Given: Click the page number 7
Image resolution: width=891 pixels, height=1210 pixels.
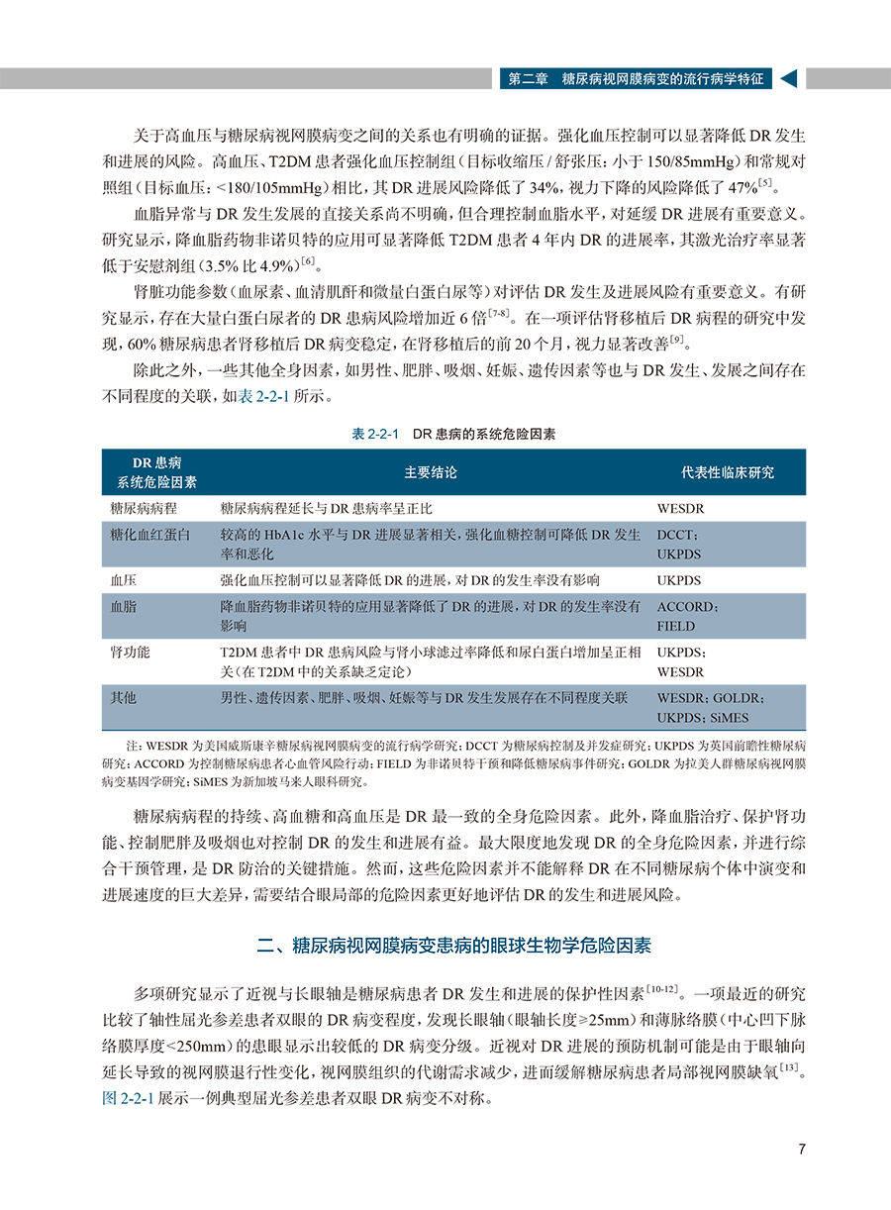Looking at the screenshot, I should [x=802, y=1150].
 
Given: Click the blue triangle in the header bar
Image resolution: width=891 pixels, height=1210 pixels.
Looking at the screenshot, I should [x=788, y=79].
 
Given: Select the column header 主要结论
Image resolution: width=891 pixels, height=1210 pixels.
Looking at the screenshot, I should [x=431, y=472].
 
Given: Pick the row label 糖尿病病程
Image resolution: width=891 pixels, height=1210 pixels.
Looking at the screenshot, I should [x=144, y=508].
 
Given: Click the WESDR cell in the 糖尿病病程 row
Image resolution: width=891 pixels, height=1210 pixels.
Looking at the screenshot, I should [x=681, y=508].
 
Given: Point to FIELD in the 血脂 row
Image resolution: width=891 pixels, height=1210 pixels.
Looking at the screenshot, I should [x=676, y=626].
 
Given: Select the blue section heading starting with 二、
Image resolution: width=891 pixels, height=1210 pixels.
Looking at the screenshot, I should [x=453, y=946].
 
